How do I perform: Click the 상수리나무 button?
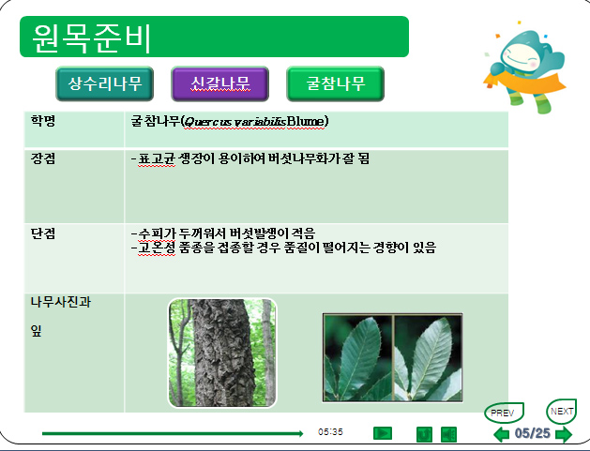click(105, 83)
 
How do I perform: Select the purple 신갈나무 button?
click(220, 83)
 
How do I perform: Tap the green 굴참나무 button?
click(335, 83)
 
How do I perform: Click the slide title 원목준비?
click(91, 38)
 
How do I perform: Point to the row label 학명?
click(43, 121)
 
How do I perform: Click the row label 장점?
click(43, 158)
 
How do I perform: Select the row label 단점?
click(43, 233)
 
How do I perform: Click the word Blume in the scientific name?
click(306, 122)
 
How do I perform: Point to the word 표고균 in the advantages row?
click(157, 158)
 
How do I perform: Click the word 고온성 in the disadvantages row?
click(157, 248)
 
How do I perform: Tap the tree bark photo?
click(222, 353)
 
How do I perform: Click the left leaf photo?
click(357, 358)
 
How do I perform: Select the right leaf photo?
click(428, 358)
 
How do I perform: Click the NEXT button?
click(562, 412)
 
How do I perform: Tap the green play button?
click(383, 433)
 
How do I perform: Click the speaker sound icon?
click(448, 434)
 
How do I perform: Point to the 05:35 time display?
click(330, 432)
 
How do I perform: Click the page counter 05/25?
click(532, 433)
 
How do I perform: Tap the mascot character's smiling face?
click(522, 55)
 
